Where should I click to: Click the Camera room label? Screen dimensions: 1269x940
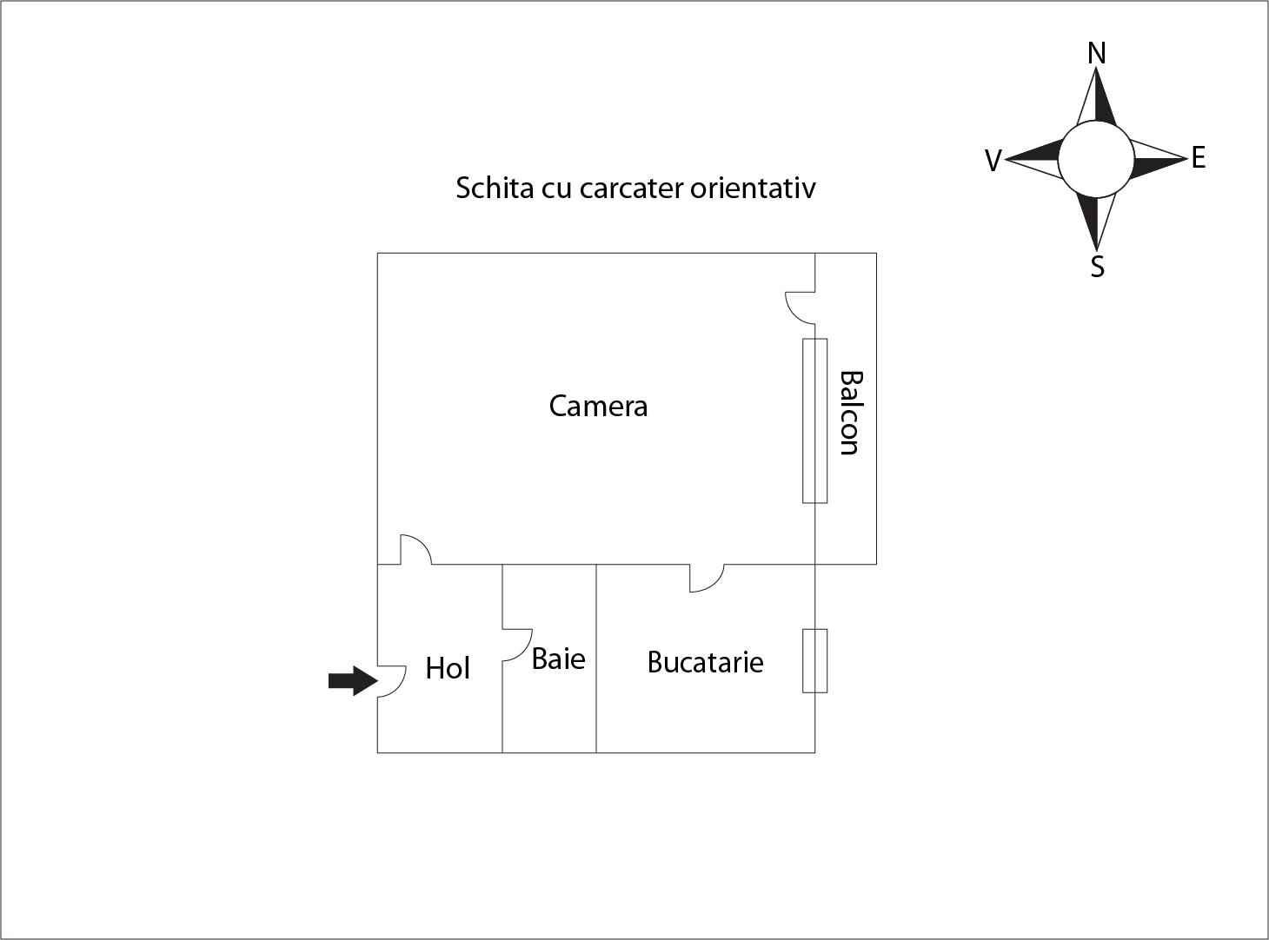point(598,406)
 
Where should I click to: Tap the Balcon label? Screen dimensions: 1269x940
point(851,413)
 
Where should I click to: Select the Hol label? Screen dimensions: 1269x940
point(448,668)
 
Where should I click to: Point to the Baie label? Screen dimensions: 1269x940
point(558,659)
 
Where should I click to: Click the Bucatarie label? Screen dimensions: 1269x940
point(706,662)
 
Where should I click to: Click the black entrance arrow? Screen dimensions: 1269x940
point(353,681)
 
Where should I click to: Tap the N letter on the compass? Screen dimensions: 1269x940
point(1096,53)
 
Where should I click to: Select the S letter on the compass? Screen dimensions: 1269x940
point(1097,267)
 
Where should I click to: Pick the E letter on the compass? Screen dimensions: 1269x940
point(1198,157)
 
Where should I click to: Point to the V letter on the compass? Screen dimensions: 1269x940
point(993,161)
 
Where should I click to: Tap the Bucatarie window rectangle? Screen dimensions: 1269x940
point(814,661)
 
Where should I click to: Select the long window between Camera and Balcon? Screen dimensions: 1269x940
point(814,421)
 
